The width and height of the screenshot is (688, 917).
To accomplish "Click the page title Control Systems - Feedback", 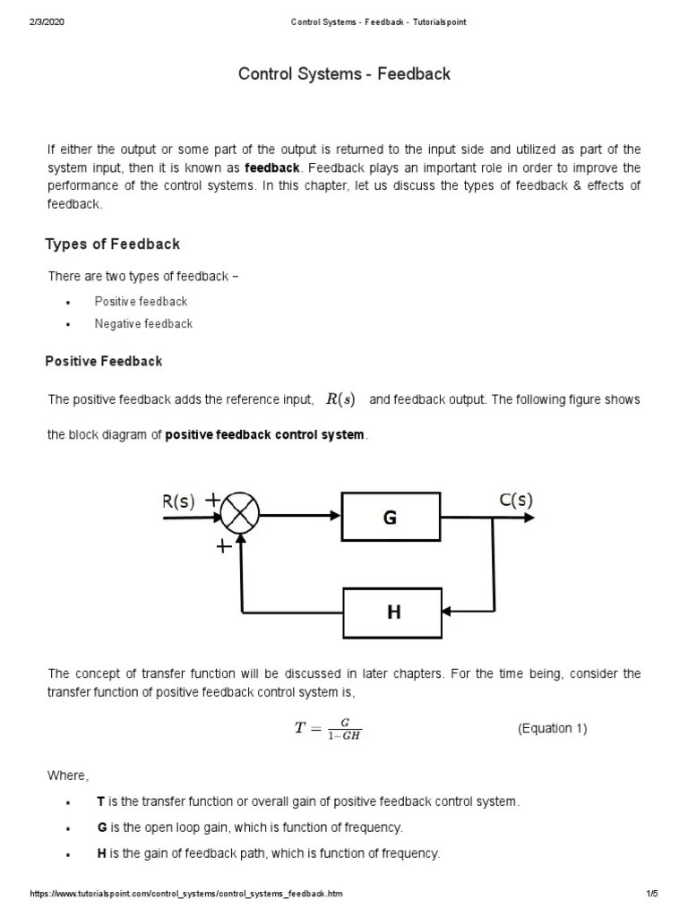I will pos(344,74).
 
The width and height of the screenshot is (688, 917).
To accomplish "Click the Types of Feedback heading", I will pos(112,244).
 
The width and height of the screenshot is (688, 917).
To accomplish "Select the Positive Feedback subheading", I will pos(104,361).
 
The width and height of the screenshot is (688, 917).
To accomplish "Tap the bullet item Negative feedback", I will pos(143,323).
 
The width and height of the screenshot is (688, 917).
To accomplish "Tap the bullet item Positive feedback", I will pos(141,301).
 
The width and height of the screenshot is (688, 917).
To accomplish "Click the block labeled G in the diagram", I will pos(390,517).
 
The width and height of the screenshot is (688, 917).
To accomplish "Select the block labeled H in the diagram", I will pos(392,613).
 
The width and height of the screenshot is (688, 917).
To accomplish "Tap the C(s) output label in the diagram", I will pos(515,501).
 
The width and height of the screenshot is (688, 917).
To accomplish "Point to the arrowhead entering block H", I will pos(449,613).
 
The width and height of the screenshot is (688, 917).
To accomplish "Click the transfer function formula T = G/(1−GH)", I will pos(328,728).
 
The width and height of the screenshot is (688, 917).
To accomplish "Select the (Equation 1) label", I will pos(552,728).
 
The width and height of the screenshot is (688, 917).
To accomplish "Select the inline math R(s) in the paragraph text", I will pos(340,399).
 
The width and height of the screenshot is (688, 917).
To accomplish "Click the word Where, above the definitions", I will pos(68,775).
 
